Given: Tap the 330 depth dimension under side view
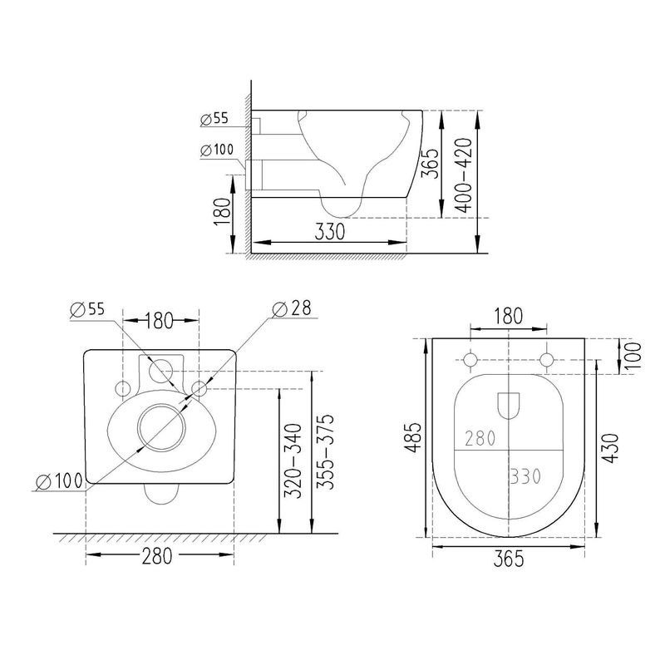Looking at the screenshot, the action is click(x=329, y=231).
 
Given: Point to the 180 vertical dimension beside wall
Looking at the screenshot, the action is click(x=222, y=212).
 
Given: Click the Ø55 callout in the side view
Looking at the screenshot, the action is click(x=214, y=119).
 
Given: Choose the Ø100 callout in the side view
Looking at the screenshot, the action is click(x=217, y=150).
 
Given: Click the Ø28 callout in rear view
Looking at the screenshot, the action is click(x=292, y=308).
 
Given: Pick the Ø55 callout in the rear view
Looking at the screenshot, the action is click(x=87, y=309).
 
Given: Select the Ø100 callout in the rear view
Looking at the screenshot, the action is click(x=59, y=481).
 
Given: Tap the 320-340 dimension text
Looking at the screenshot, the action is click(x=293, y=461).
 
